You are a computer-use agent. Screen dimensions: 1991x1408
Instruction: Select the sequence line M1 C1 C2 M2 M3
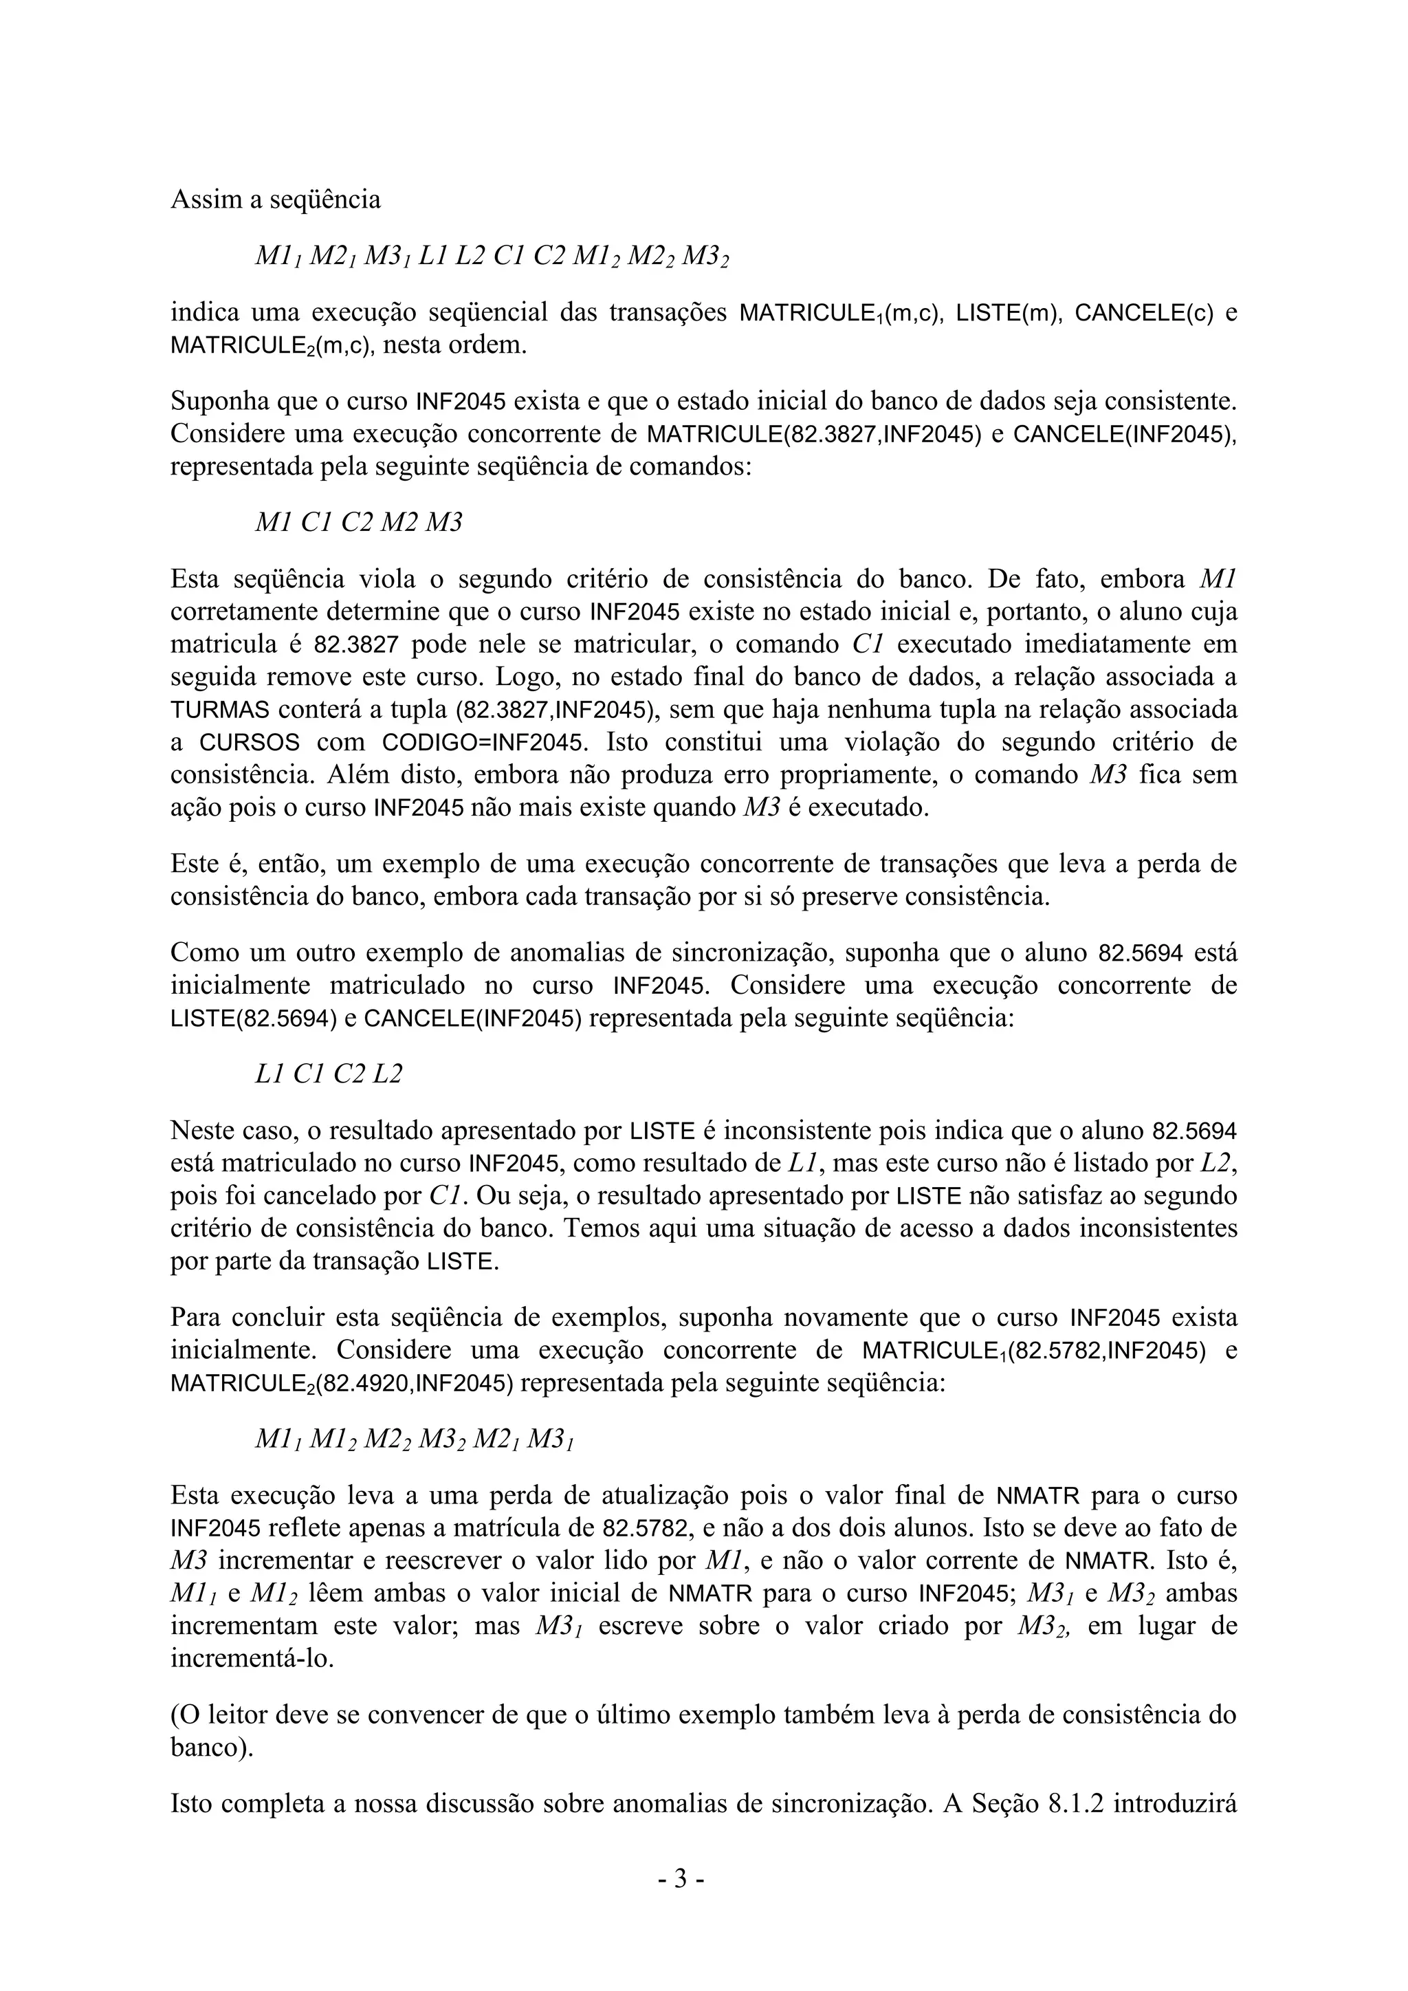358,523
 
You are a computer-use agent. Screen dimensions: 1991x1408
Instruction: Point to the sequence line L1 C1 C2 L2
329,1074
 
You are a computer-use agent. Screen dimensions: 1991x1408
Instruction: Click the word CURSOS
250,743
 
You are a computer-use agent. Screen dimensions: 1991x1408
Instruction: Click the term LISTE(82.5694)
253,1019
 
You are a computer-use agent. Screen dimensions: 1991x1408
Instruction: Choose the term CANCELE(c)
1143,313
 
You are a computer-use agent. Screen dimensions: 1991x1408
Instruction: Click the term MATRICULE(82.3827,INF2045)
813,433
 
